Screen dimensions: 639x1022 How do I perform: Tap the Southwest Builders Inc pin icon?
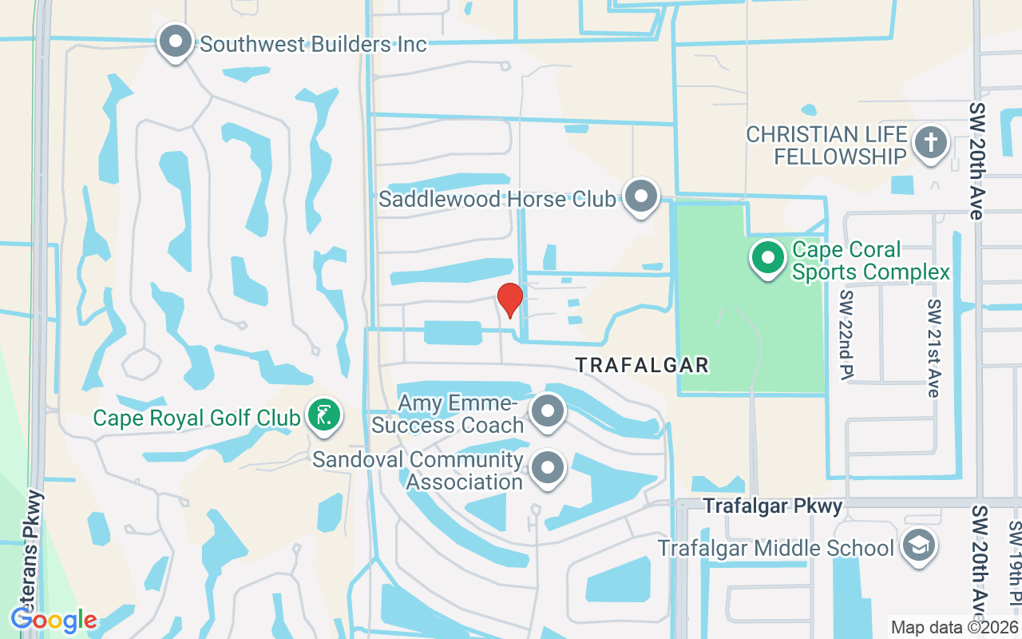176,41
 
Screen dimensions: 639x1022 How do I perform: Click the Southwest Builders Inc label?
313,44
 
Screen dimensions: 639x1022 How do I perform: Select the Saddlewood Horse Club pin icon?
640,196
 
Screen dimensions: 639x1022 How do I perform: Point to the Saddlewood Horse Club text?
497,199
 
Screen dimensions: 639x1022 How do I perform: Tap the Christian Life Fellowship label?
827,145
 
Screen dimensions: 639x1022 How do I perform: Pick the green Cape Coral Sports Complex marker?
768,258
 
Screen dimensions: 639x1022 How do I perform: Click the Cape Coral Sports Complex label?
870,261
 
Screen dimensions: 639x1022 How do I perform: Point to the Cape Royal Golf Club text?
196,418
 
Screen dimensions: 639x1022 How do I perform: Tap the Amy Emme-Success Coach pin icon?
548,412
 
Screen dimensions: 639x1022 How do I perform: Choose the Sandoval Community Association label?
418,471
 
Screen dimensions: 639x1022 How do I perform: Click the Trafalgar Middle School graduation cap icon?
918,546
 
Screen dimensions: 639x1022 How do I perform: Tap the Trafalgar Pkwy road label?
772,506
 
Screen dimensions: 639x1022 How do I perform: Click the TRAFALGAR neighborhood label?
642,366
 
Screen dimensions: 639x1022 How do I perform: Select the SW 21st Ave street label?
934,348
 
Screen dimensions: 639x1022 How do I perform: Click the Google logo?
53,619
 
